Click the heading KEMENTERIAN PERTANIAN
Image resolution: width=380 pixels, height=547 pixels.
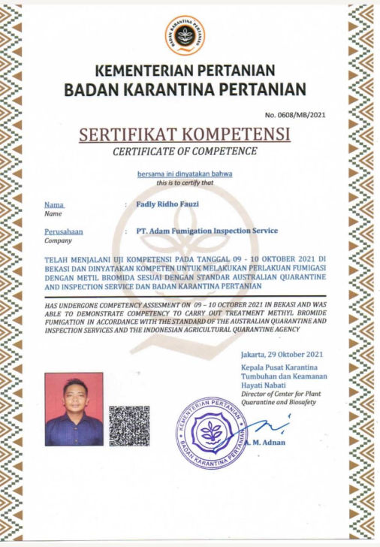click(185, 72)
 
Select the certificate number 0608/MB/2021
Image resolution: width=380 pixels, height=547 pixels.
click(297, 114)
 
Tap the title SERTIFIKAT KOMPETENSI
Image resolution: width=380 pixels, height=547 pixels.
click(185, 135)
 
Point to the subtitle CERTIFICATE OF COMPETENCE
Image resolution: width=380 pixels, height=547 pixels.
click(185, 152)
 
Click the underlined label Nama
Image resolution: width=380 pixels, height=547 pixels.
click(55, 204)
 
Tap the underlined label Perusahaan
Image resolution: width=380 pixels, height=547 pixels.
click(64, 231)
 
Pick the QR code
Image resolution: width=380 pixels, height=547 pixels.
click(129, 425)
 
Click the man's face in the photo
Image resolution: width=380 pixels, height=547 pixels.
click(74, 396)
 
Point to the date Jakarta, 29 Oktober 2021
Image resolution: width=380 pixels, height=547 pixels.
click(282, 354)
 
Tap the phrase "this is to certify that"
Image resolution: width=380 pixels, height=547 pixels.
click(185, 183)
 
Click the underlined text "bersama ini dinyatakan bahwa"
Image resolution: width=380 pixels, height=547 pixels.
click(185, 174)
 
